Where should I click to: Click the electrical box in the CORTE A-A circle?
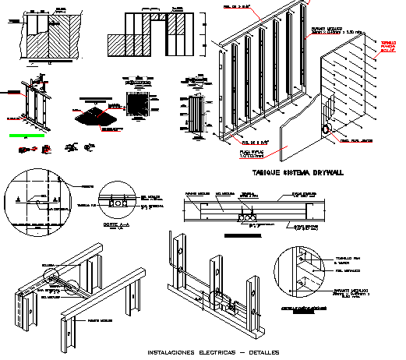(x=119, y=202)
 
